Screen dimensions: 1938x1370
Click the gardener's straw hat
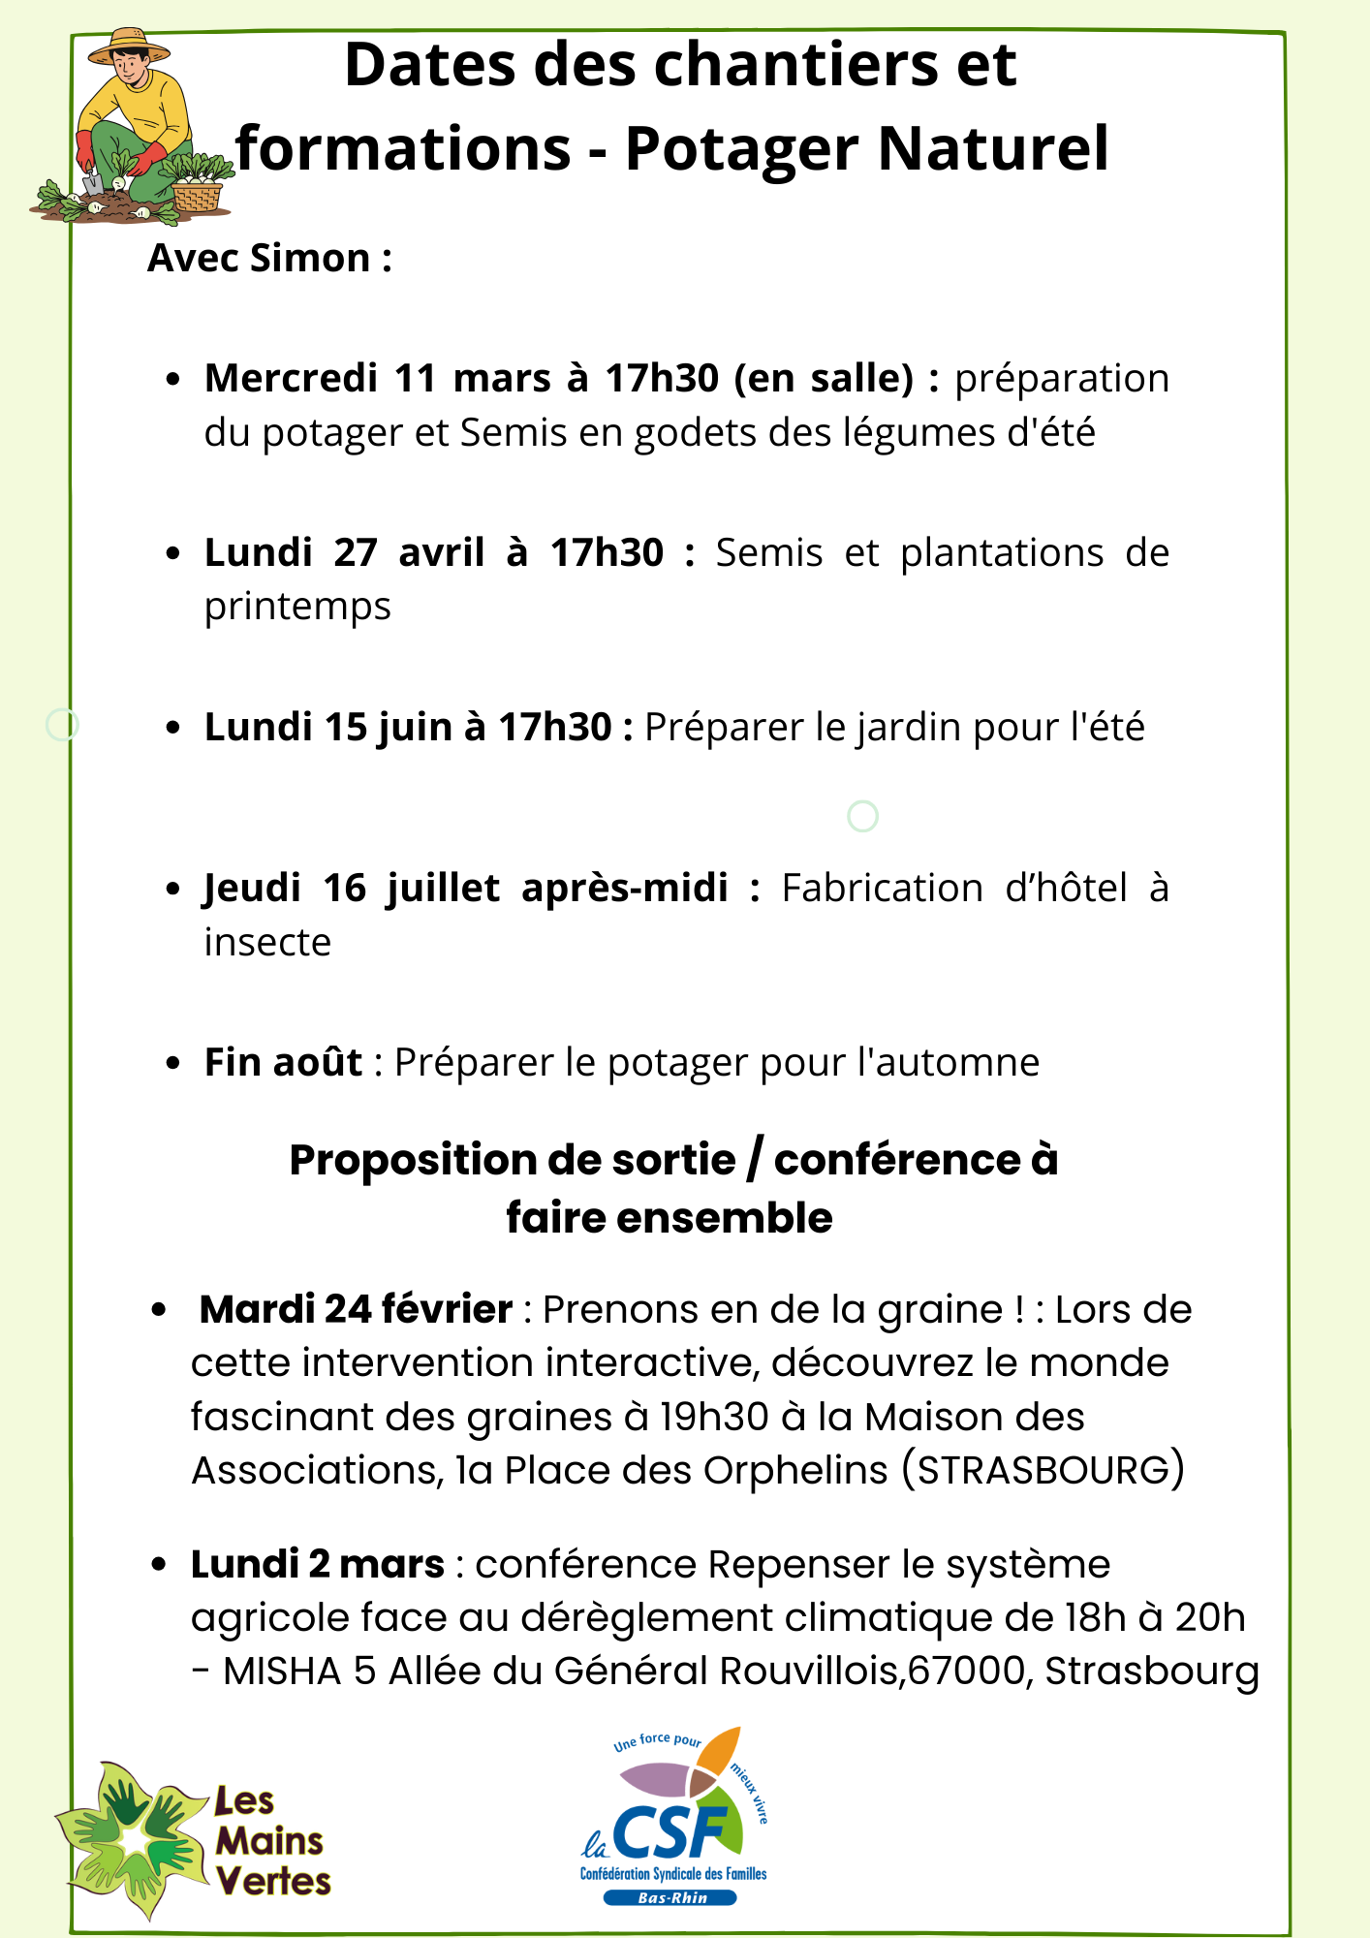click(x=128, y=46)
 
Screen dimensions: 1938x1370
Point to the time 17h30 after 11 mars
click(x=662, y=378)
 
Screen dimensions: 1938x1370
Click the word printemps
click(x=297, y=607)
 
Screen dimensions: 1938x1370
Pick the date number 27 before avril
click(x=356, y=552)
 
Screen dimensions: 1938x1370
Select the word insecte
click(x=267, y=942)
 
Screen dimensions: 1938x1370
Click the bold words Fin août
click(x=283, y=1062)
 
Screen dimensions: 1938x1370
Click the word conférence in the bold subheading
click(x=897, y=1160)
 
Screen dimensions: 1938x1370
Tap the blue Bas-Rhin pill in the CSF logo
click(x=671, y=1898)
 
